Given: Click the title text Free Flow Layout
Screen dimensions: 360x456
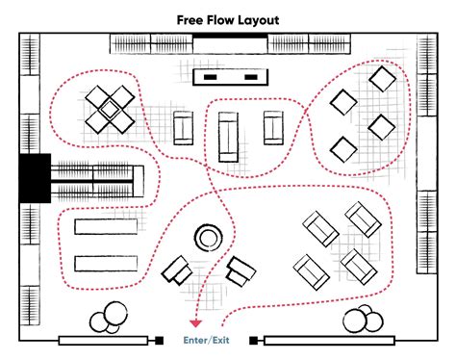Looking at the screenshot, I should pos(227,18).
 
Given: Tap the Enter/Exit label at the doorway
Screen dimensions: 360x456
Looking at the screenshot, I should pos(208,341).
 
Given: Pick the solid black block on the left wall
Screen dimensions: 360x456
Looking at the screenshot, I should pos(34,177).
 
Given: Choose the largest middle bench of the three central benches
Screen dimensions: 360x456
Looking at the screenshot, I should pos(228,135).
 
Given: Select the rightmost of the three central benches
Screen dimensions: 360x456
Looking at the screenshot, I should pos(274,127).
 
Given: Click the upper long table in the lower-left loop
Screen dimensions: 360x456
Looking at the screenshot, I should pos(108,226).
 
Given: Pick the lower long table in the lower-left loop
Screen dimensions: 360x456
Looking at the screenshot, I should pos(108,263).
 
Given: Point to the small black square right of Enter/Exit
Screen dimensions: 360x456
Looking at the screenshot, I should pos(253,340).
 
